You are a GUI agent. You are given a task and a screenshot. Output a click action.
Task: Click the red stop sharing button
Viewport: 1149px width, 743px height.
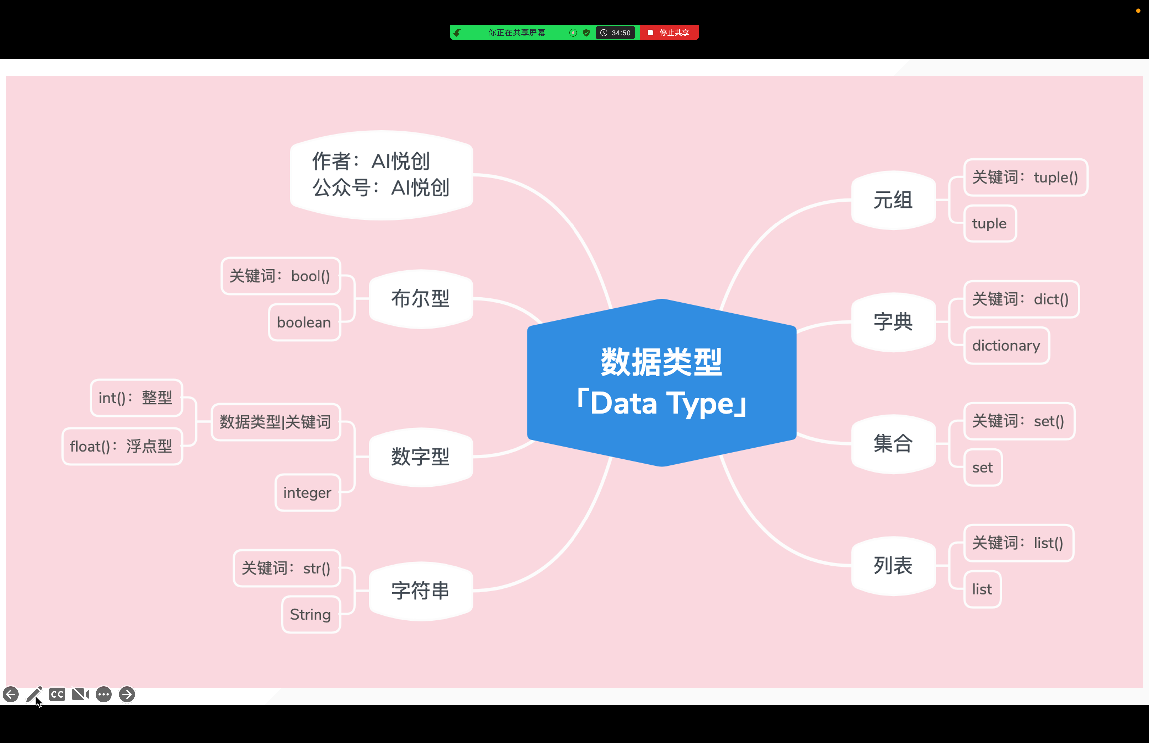[x=669, y=32]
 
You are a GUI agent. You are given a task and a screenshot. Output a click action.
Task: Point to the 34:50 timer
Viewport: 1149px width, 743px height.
[x=616, y=32]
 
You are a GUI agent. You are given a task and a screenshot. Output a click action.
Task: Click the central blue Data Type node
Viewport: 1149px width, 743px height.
[x=662, y=382]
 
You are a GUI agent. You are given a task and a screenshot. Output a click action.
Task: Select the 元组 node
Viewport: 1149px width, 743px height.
[x=893, y=200]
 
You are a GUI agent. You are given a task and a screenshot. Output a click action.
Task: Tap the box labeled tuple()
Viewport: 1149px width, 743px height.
[x=1026, y=177]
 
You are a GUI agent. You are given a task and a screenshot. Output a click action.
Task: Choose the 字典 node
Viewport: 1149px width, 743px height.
[x=893, y=322]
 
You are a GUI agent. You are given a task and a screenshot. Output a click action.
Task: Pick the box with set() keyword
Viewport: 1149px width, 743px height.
[x=1019, y=421]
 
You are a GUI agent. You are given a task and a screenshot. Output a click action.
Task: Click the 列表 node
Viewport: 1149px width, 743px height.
[x=893, y=565]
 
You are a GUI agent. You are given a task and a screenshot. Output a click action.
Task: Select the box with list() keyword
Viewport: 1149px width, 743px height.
[x=1018, y=543]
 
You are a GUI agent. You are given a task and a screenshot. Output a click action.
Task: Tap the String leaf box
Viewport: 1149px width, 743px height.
[x=311, y=614]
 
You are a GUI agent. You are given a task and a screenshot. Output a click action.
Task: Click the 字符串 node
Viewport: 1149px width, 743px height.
[x=421, y=591]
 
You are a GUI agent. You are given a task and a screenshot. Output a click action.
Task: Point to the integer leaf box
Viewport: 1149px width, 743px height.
[x=308, y=493]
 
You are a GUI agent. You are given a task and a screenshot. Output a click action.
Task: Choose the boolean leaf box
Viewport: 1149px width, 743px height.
[x=304, y=322]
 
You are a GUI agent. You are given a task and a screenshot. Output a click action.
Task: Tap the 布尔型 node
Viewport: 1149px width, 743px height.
[x=421, y=299]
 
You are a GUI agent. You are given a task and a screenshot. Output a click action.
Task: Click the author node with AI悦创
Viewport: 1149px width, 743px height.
[x=381, y=175]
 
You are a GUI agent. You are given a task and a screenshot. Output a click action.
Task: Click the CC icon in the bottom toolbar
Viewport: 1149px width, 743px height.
[x=57, y=694]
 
